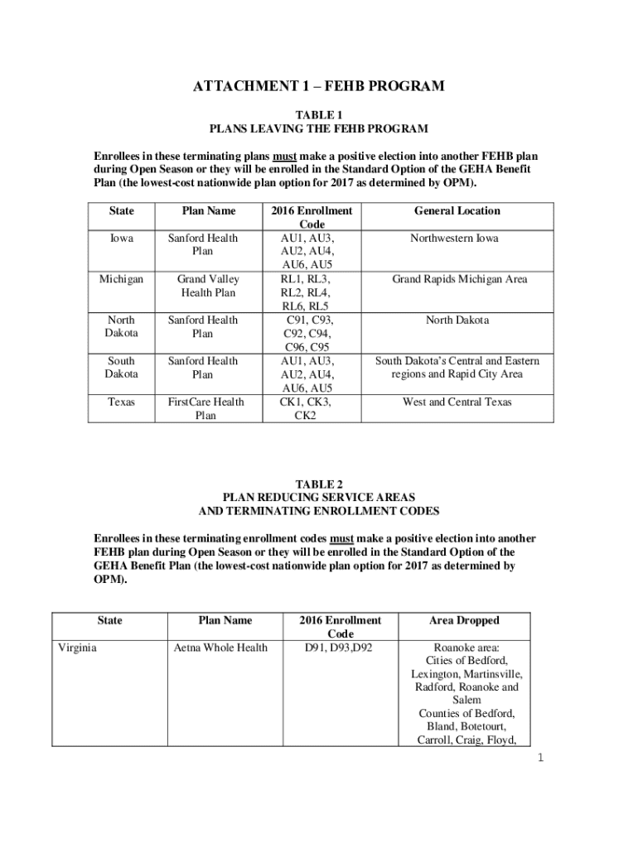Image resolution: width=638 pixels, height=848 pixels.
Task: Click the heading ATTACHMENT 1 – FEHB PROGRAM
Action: pos(319,86)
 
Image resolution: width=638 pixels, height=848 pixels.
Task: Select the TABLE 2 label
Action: pos(319,484)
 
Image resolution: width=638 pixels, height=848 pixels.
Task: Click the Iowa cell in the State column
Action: pos(122,238)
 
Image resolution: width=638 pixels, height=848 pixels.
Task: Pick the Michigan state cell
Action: pos(122,279)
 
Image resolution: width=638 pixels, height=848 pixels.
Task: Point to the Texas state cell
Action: pos(122,402)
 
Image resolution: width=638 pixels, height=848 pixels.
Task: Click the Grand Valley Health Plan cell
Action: pos(203,286)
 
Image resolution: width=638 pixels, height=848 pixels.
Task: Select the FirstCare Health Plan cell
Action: pos(203,409)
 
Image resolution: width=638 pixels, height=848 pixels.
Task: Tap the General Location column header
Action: pos(457,211)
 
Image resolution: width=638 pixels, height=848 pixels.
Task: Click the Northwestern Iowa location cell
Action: pos(457,238)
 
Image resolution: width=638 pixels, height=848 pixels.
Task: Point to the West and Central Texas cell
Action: pos(457,402)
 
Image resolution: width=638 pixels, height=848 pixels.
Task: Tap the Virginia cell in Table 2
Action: pos(76,648)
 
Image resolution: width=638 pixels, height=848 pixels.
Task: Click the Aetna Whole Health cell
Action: pos(220,648)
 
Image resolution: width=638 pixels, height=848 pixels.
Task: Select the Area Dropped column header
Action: pos(464,620)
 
